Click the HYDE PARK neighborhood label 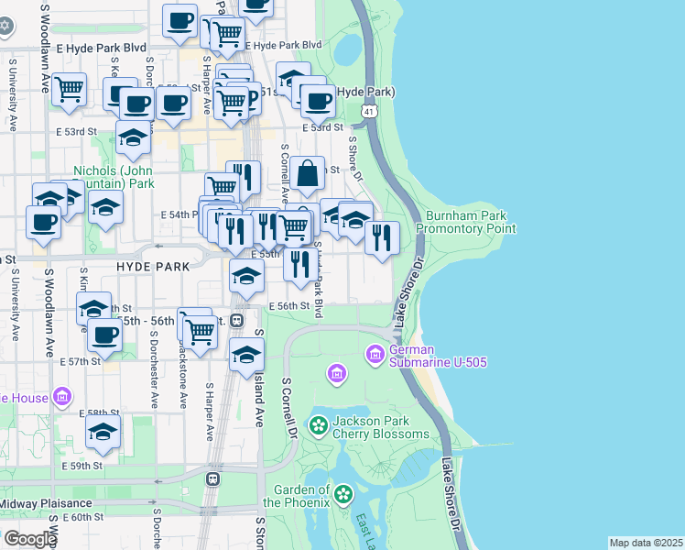coord(153,266)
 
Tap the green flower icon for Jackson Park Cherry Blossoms coord(318,425)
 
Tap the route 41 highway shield coord(368,110)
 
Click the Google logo coord(29,539)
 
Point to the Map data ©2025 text coord(645,543)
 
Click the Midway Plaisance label coord(46,503)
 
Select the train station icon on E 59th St coord(213,478)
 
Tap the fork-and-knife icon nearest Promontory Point coord(382,236)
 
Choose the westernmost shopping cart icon coord(69,90)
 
